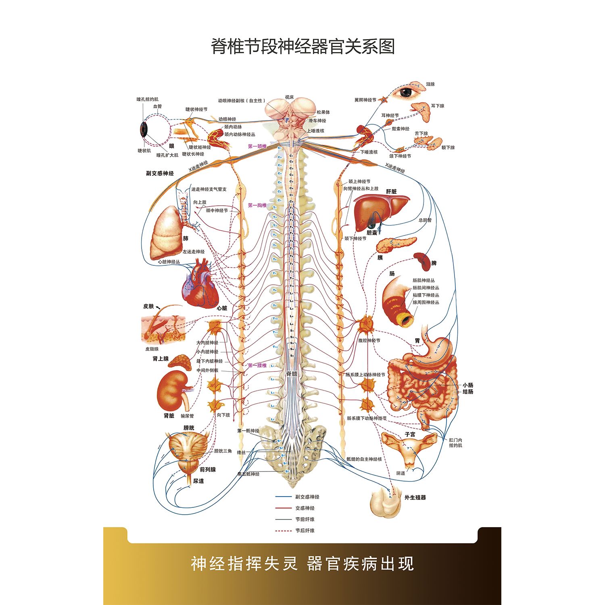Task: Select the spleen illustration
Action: click(x=423, y=262)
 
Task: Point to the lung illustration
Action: click(x=166, y=234)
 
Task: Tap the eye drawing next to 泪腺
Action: click(x=408, y=92)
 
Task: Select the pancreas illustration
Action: click(x=396, y=243)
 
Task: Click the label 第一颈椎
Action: click(x=257, y=146)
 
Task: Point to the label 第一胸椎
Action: click(x=257, y=205)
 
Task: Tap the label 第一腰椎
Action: click(x=257, y=365)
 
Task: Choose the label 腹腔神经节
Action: click(x=369, y=340)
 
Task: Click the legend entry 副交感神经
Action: click(x=307, y=497)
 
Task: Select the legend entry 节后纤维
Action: click(x=305, y=531)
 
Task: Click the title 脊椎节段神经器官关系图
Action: click(x=302, y=46)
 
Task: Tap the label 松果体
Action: click(x=323, y=112)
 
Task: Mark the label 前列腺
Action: click(x=208, y=469)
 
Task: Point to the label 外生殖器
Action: click(x=415, y=498)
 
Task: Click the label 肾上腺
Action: click(x=161, y=359)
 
